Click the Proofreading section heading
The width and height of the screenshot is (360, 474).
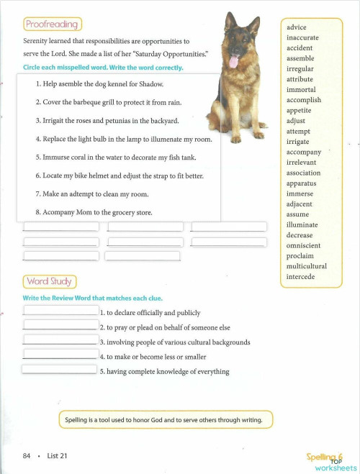pyautogui.click(x=52, y=24)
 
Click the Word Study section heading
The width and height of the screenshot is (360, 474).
pyautogui.click(x=50, y=281)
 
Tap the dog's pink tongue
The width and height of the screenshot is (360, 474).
pyautogui.click(x=233, y=61)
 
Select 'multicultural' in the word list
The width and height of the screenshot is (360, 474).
pyautogui.click(x=306, y=266)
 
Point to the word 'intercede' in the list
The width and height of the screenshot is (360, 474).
pyautogui.click(x=301, y=276)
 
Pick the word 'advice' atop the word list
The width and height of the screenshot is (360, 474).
pyautogui.click(x=297, y=27)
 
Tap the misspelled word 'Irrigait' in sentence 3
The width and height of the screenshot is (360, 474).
pyautogui.click(x=56, y=121)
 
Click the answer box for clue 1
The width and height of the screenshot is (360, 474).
pyautogui.click(x=60, y=311)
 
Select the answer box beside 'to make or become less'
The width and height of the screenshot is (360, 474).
pyautogui.click(x=60, y=355)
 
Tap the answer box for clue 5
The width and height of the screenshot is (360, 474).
pyautogui.click(x=59, y=370)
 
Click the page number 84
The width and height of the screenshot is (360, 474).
pyautogui.click(x=27, y=455)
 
